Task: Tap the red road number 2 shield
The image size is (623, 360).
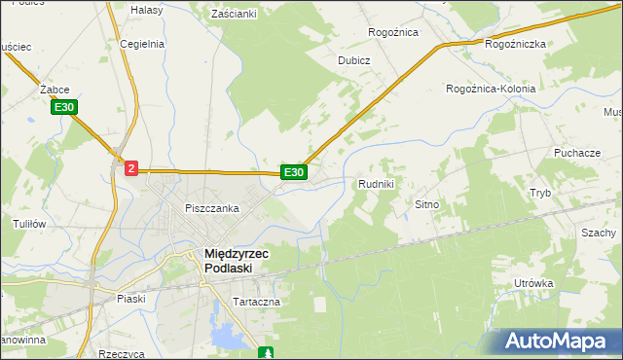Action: [x=131, y=168]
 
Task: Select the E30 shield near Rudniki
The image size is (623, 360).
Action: [x=294, y=172]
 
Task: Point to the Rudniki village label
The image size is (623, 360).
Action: [x=376, y=184]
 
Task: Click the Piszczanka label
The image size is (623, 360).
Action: [x=212, y=208]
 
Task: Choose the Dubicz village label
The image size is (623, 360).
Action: [x=354, y=60]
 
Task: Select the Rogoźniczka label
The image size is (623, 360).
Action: [x=515, y=44]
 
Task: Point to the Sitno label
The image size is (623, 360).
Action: [x=428, y=205]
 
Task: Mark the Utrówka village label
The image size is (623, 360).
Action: [x=533, y=283]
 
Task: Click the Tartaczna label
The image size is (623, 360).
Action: [x=256, y=302]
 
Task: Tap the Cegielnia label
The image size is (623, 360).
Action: [x=142, y=44]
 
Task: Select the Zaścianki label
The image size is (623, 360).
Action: [x=234, y=14]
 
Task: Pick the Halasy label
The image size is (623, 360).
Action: [x=146, y=9]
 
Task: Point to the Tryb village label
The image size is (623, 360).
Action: [x=540, y=193]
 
